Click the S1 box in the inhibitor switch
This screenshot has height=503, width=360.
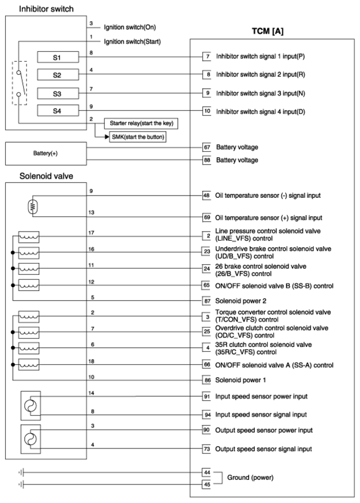tap(57, 57)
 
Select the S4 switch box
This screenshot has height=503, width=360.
tap(57, 111)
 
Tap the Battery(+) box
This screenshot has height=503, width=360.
tap(46, 153)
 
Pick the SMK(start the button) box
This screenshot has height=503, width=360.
tap(138, 137)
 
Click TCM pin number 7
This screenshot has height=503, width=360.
tap(207, 57)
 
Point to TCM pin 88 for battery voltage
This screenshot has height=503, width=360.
tap(207, 160)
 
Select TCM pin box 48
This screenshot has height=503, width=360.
tap(207, 196)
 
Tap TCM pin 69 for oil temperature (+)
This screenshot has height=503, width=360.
tap(207, 217)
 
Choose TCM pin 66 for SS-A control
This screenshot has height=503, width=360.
tap(207, 365)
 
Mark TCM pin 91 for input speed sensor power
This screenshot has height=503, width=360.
tap(207, 396)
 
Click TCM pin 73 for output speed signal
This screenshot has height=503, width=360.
tap(207, 448)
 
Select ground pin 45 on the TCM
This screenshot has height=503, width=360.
tap(207, 484)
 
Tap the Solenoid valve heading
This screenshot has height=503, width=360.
tap(38, 176)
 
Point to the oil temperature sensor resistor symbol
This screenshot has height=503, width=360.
tap(33, 207)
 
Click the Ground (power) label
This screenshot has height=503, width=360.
tap(250, 478)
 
